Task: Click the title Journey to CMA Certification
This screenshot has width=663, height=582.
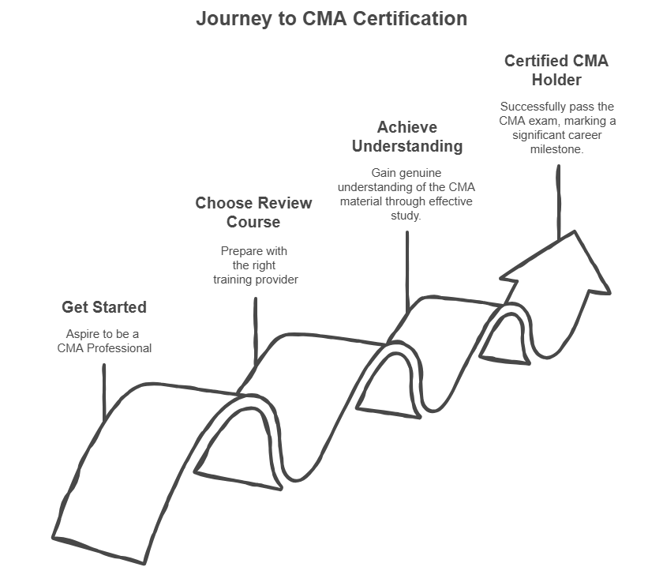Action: [x=331, y=18]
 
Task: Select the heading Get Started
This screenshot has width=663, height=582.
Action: [x=104, y=307]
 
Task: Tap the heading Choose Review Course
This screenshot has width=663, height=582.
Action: [x=253, y=212]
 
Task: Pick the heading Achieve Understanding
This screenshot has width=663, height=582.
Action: [x=406, y=137]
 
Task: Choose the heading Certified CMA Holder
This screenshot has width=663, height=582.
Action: [x=556, y=70]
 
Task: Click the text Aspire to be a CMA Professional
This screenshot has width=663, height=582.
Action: [x=104, y=341]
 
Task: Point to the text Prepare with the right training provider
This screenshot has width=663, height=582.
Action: [x=253, y=265]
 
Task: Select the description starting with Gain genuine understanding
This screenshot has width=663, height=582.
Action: [x=406, y=193]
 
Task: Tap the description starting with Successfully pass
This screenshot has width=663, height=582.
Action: [x=556, y=127]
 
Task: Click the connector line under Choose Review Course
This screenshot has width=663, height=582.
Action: [x=255, y=332]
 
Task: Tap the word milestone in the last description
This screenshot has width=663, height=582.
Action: [x=556, y=149]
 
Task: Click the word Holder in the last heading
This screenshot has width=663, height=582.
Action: [x=556, y=80]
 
